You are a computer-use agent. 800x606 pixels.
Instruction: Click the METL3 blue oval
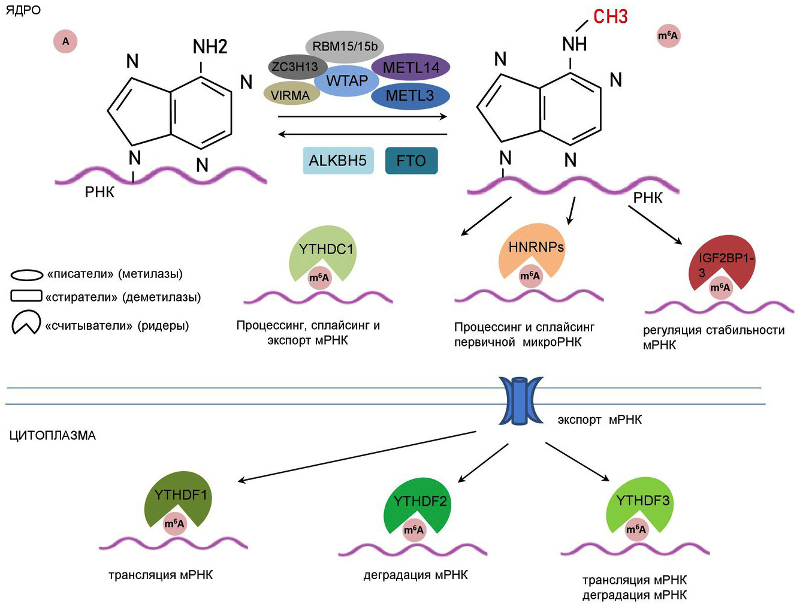point(410,96)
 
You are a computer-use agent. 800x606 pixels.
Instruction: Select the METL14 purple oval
point(411,68)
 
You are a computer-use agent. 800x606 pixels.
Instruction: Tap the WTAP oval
point(347,81)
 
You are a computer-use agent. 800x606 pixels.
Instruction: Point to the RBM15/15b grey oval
point(345,47)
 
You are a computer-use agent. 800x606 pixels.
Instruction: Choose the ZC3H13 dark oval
point(295,67)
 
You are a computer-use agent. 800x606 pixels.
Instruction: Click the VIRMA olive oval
point(291,95)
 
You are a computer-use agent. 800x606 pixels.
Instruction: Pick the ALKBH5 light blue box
point(338,161)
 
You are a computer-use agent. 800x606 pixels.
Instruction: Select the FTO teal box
point(411,161)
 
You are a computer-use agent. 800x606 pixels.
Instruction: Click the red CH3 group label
point(610,17)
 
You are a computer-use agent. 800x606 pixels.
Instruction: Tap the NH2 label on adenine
point(210,47)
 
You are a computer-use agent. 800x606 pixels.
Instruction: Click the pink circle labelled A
point(66,41)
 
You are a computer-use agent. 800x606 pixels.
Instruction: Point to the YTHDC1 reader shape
point(324,249)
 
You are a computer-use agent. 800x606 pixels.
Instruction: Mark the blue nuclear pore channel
point(521,400)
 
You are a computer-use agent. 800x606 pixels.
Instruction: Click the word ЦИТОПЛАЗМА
point(53,436)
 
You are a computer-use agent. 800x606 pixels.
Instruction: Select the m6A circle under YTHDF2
point(413,530)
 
